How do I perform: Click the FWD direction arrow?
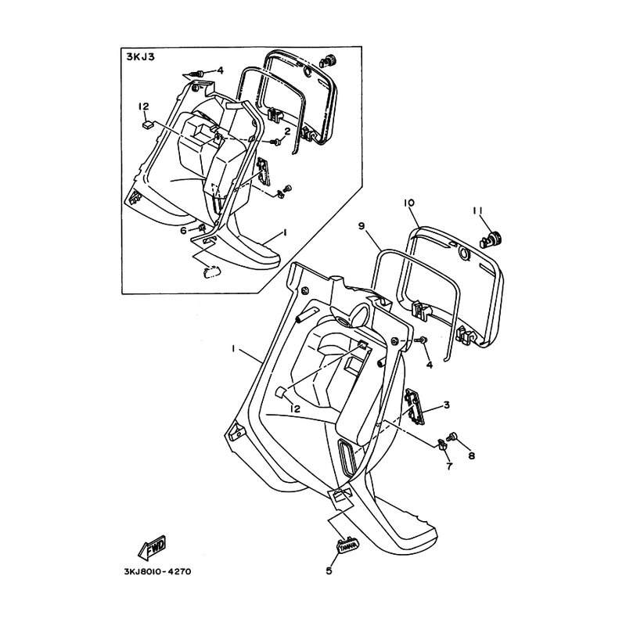tap(152, 548)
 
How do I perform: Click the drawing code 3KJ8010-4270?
tap(158, 572)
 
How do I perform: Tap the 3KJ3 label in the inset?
tap(141, 56)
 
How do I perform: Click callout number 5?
tap(329, 571)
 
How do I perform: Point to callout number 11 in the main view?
tap(478, 210)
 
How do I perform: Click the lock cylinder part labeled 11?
tap(491, 239)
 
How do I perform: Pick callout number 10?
tap(409, 203)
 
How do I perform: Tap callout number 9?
tap(362, 226)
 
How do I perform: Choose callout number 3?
tap(446, 405)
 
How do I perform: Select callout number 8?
tap(472, 455)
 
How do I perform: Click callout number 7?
tap(449, 466)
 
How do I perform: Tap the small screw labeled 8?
tap(452, 437)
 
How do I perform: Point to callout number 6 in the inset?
tap(183, 230)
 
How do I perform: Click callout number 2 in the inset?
tap(287, 131)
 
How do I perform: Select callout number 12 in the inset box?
tap(144, 106)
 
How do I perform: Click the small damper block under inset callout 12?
tap(147, 125)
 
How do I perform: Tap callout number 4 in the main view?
tap(430, 365)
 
